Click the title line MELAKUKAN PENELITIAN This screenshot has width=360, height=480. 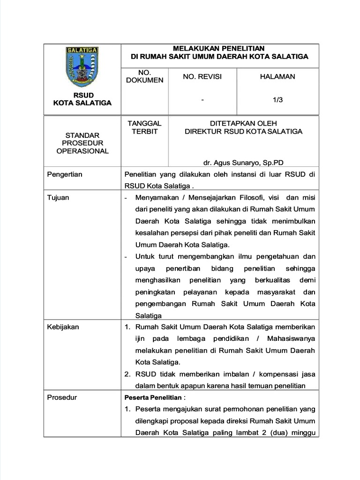[x=219, y=48]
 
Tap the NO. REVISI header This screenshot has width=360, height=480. [x=202, y=76]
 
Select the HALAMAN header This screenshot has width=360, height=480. [x=277, y=76]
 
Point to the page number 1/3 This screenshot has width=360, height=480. [x=278, y=99]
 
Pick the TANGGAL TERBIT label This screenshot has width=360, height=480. [x=144, y=127]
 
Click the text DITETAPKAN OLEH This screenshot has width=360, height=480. [x=243, y=123]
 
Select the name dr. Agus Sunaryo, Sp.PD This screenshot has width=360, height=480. [x=243, y=163]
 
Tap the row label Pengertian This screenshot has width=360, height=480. [x=65, y=174]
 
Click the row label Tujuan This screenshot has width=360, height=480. [x=58, y=197]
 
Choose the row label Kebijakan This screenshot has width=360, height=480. [x=63, y=327]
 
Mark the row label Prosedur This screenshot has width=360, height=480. [x=62, y=397]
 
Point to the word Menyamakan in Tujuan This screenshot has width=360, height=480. [x=157, y=197]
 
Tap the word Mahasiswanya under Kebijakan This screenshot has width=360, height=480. [x=291, y=338]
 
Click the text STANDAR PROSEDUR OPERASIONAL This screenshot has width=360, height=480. [x=82, y=143]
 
